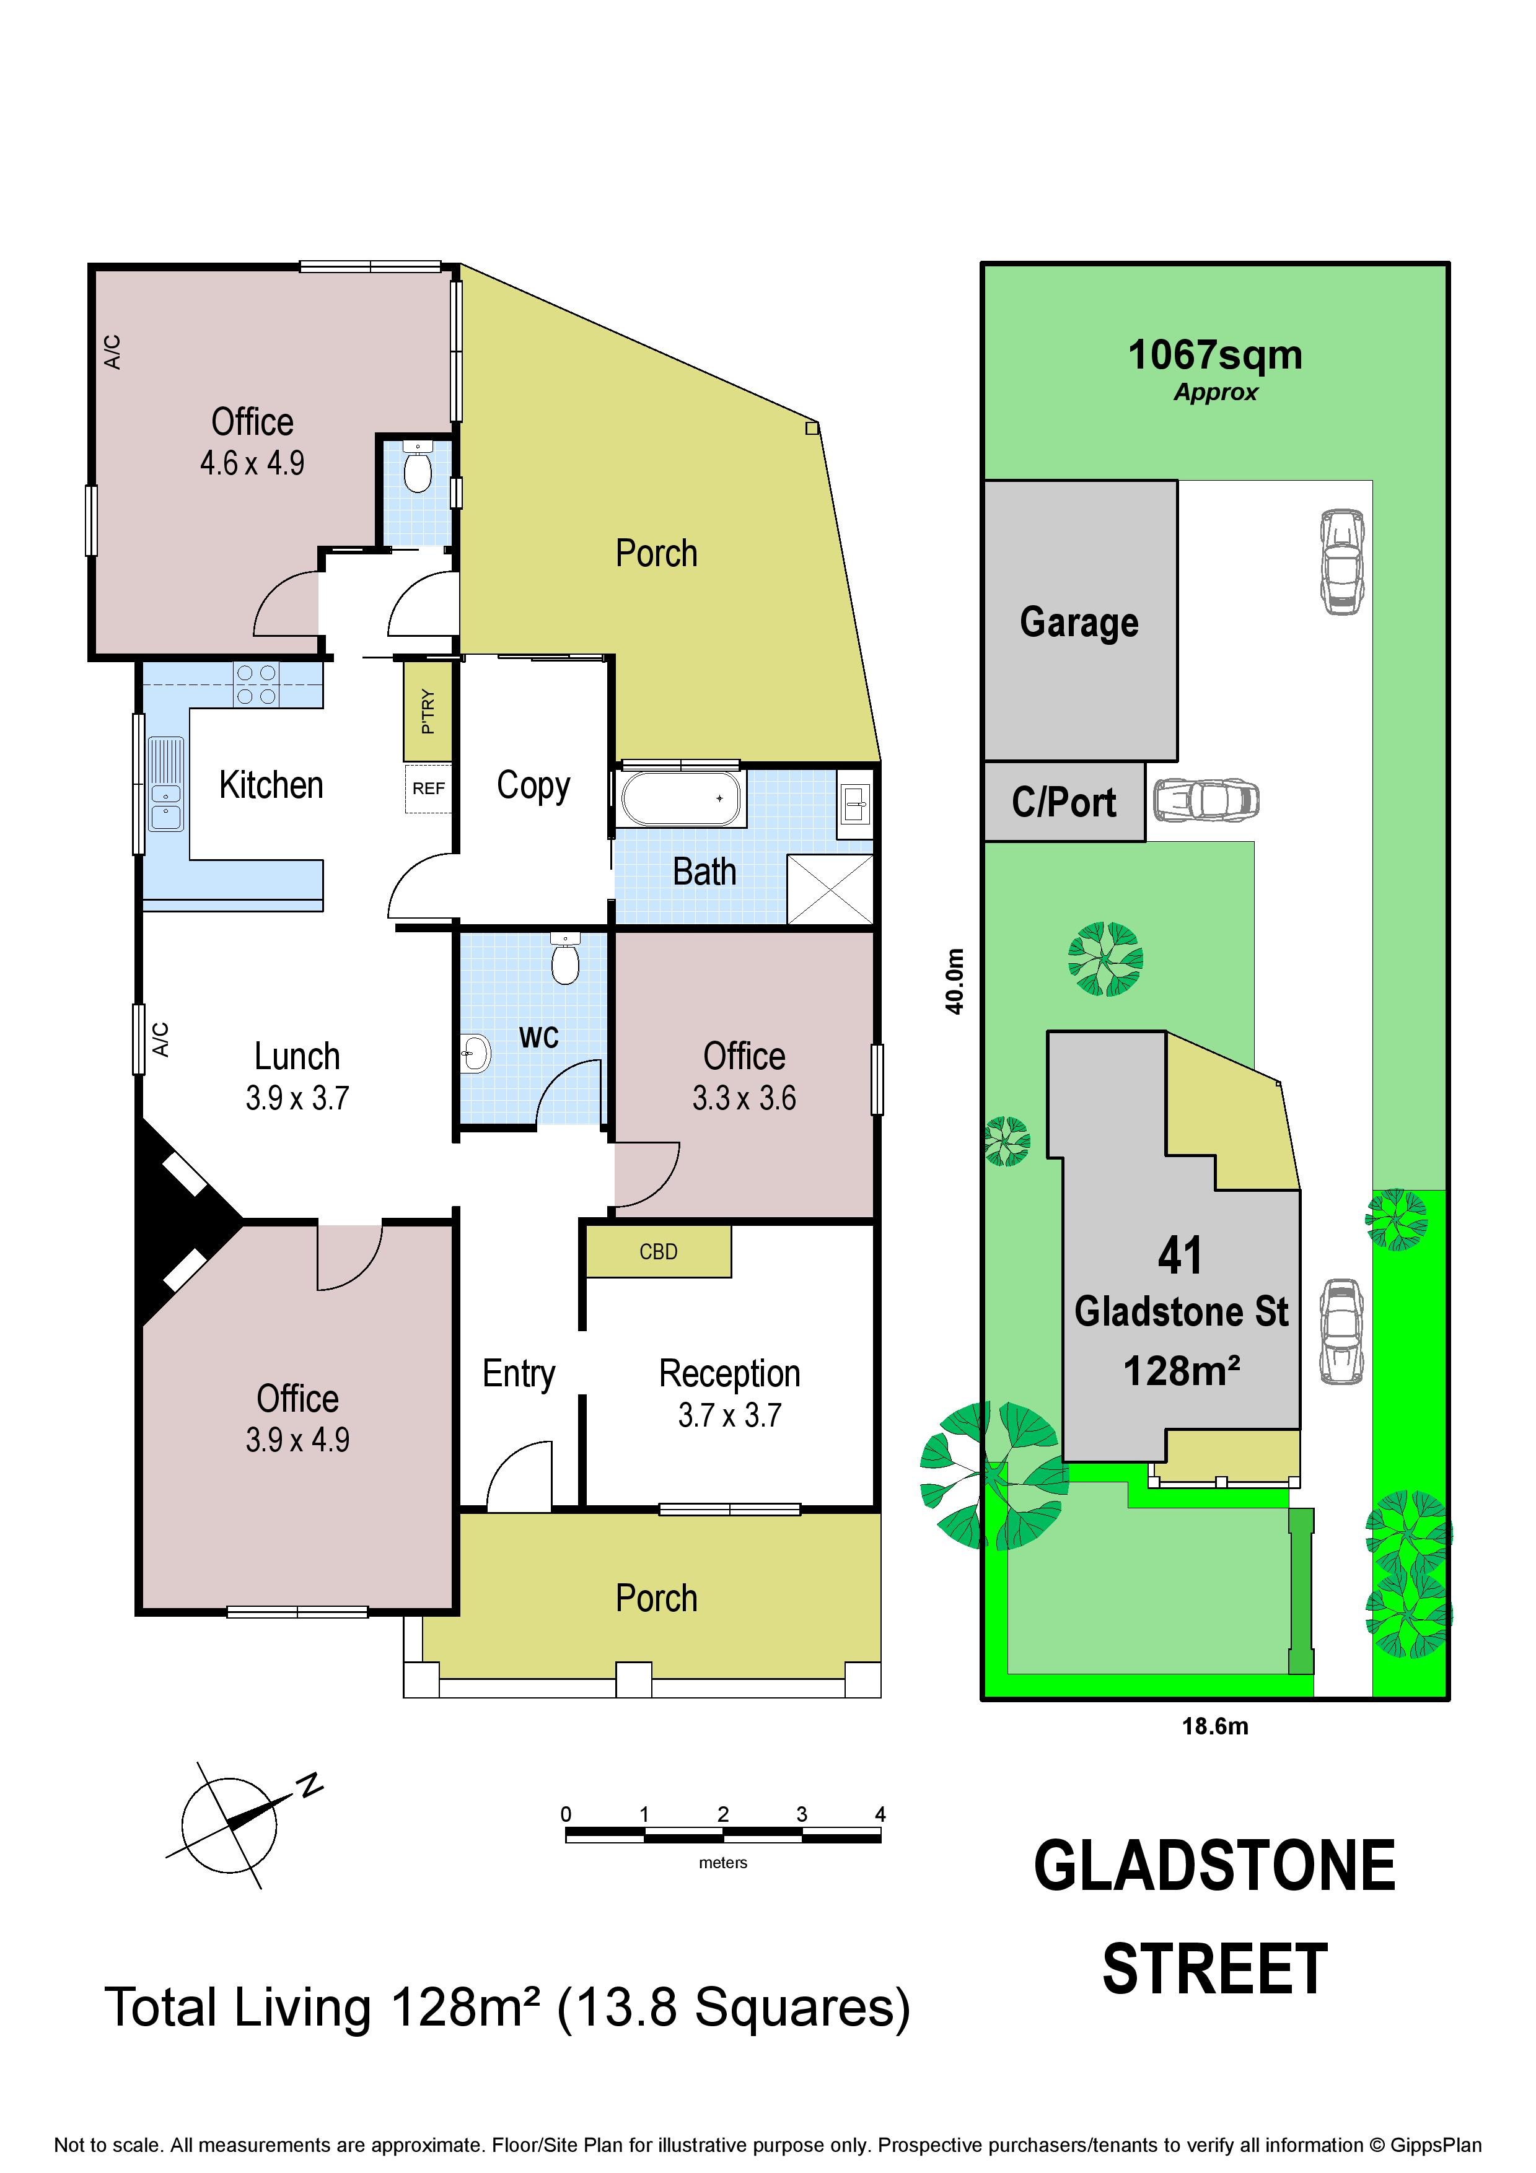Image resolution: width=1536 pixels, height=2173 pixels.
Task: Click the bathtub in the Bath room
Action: pyautogui.click(x=680, y=798)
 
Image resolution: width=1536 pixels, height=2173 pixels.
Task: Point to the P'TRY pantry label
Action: pyautogui.click(x=428, y=712)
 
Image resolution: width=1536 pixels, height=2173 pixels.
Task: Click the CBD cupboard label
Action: pyautogui.click(x=659, y=1251)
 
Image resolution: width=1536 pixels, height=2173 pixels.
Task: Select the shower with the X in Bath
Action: pyautogui.click(x=830, y=889)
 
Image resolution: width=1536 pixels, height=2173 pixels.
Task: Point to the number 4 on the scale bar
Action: pyautogui.click(x=880, y=1813)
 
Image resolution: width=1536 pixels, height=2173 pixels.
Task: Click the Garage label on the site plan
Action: pyautogui.click(x=1079, y=623)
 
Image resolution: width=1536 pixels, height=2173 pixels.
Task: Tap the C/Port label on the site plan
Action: pyautogui.click(x=1064, y=803)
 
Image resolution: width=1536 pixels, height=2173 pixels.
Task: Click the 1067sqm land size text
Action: pyautogui.click(x=1215, y=355)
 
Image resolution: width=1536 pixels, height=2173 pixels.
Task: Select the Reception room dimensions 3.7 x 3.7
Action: pyautogui.click(x=730, y=1415)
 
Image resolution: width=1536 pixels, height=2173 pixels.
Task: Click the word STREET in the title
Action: pyautogui.click(x=1215, y=1969)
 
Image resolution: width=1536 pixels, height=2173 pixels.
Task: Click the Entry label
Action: pyautogui.click(x=519, y=1374)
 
